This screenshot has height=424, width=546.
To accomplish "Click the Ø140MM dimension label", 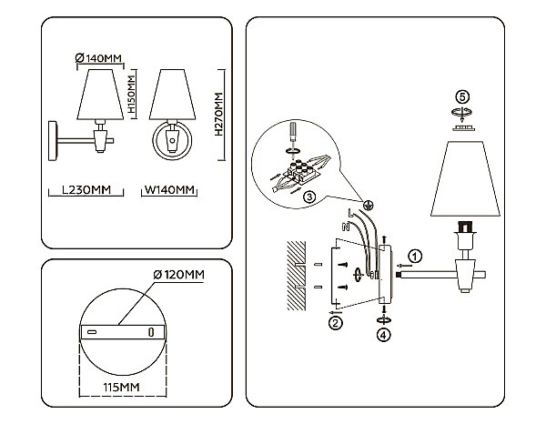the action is (98, 58).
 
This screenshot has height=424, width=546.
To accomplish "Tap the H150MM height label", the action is (131, 95).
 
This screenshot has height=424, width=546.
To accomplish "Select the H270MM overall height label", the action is (218, 114).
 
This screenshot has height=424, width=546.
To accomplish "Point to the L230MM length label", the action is (86, 190).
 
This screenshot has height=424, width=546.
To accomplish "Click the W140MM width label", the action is (169, 190).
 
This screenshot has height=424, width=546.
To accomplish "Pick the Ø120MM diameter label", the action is (178, 275).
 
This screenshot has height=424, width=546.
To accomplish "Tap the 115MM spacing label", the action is (121, 387).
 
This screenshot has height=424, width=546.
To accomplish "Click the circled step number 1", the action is (414, 257).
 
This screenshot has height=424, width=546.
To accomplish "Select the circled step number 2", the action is (335, 323).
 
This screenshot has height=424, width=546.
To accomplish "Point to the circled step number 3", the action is (309, 197).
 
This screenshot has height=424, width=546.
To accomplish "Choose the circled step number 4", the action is (384, 335).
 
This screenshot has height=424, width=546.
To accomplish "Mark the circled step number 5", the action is (462, 96).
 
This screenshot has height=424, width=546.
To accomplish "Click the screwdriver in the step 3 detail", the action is (293, 132).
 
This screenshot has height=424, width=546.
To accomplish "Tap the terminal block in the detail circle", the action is (299, 171).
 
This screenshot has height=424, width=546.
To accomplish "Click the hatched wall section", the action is (296, 276).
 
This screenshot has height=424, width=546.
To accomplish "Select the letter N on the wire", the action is (346, 227).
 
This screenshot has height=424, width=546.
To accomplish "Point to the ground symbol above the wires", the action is (368, 205).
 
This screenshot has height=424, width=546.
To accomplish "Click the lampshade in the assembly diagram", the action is (465, 178).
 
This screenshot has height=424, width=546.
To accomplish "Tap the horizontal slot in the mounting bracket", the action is (92, 332).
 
